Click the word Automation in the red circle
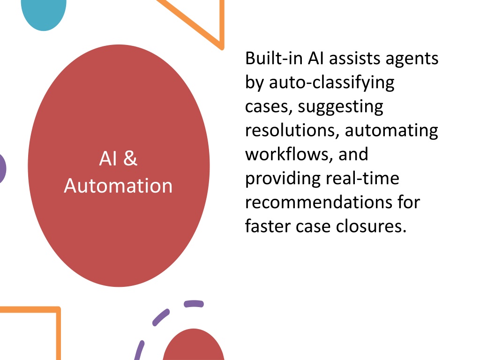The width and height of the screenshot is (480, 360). [x=118, y=186]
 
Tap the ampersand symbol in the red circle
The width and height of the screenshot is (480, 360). [x=130, y=158]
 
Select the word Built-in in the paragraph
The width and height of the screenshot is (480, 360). [x=274, y=58]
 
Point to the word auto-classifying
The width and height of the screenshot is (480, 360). [x=331, y=82]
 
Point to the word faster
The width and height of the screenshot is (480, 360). [x=268, y=226]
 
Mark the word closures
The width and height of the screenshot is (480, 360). [x=371, y=226]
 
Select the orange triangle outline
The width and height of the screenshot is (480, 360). [x=222, y=24]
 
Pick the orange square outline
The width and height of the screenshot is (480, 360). [x=58, y=334]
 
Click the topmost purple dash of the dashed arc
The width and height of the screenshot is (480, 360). [x=194, y=304]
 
